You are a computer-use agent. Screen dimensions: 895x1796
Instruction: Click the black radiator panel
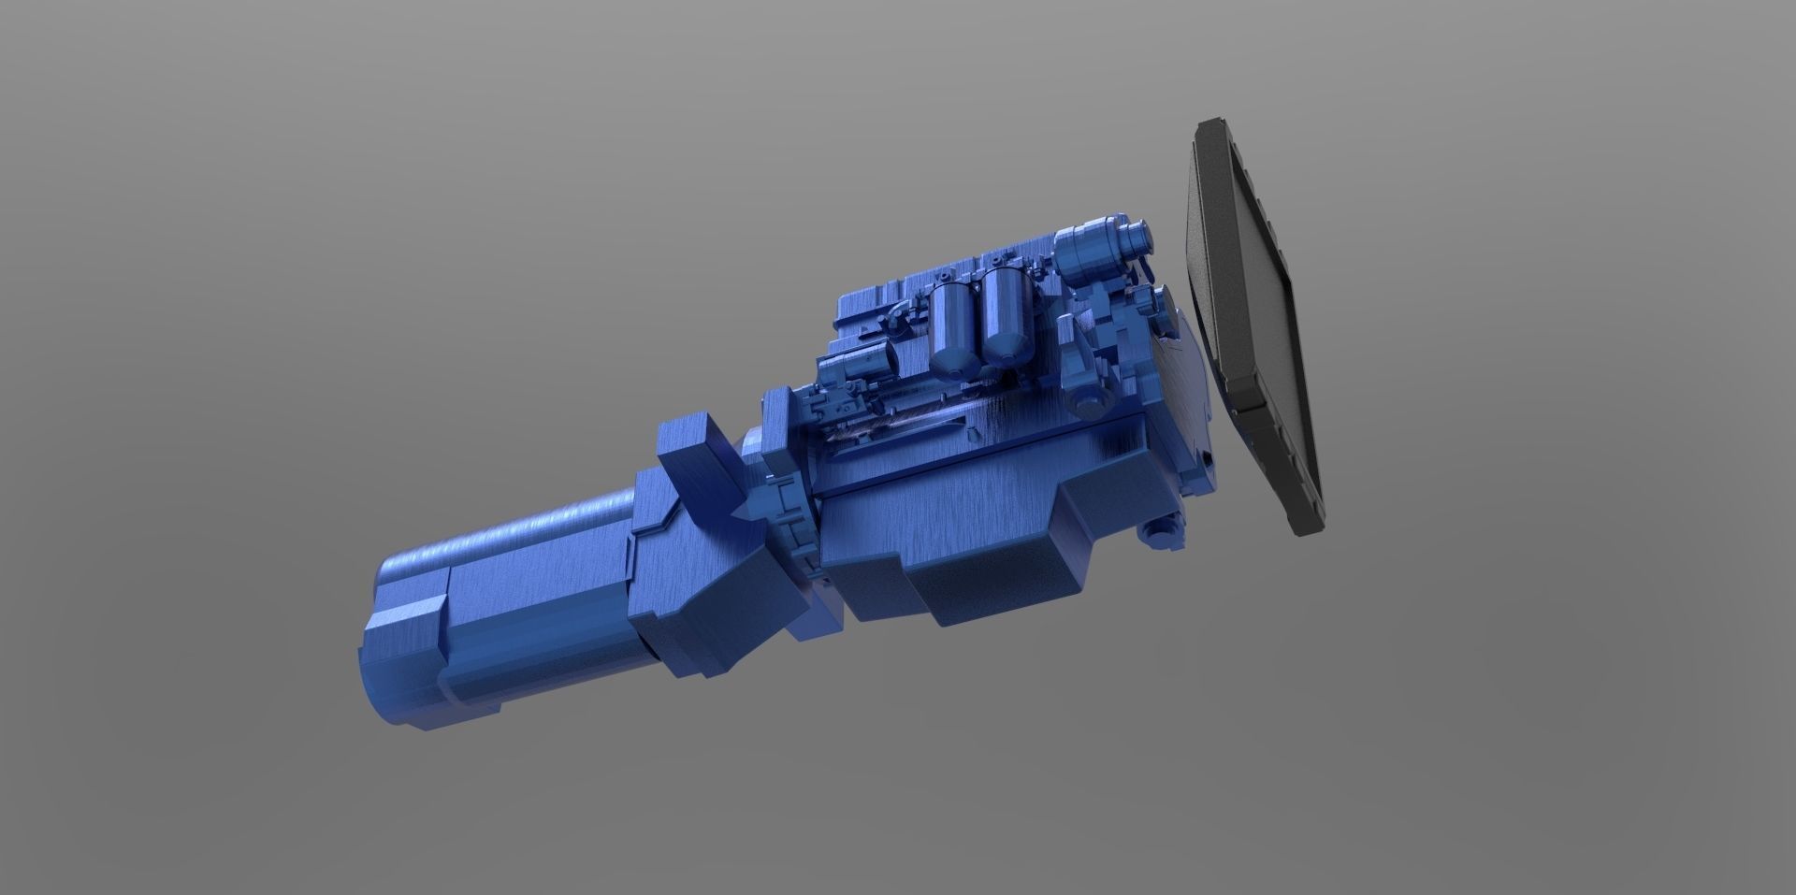[1253, 327]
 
